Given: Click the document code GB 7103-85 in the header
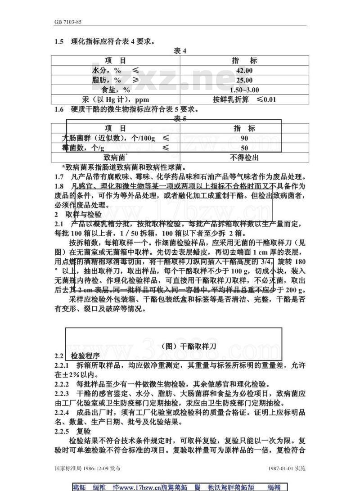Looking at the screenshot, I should pos(68,22).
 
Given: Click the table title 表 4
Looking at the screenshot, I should pos(180,51).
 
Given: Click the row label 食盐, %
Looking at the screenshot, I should pos(115,90).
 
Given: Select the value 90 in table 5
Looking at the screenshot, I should pos(244,138).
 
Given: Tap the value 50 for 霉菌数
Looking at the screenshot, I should pos(244,148).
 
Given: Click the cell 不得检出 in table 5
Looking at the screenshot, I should pos(244,158).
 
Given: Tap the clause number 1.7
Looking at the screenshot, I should pos(59,176).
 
